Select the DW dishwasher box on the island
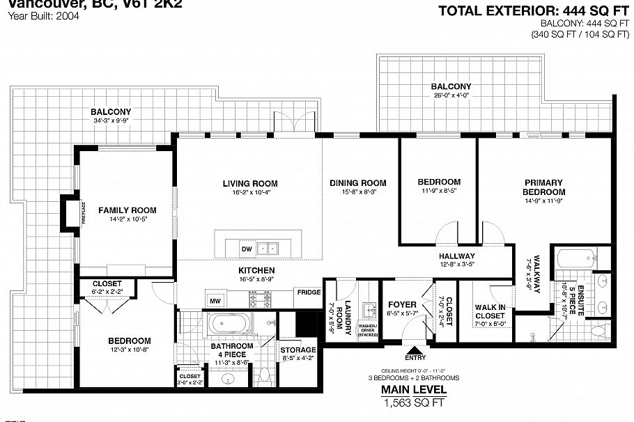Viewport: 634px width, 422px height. coord(246,249)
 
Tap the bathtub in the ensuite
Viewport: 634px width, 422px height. coord(573,260)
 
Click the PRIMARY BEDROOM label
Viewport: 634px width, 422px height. coord(544,187)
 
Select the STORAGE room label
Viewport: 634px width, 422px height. coord(298,350)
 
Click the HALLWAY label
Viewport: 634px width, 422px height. coord(456,256)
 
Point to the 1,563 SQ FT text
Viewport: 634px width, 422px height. coord(414,403)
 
